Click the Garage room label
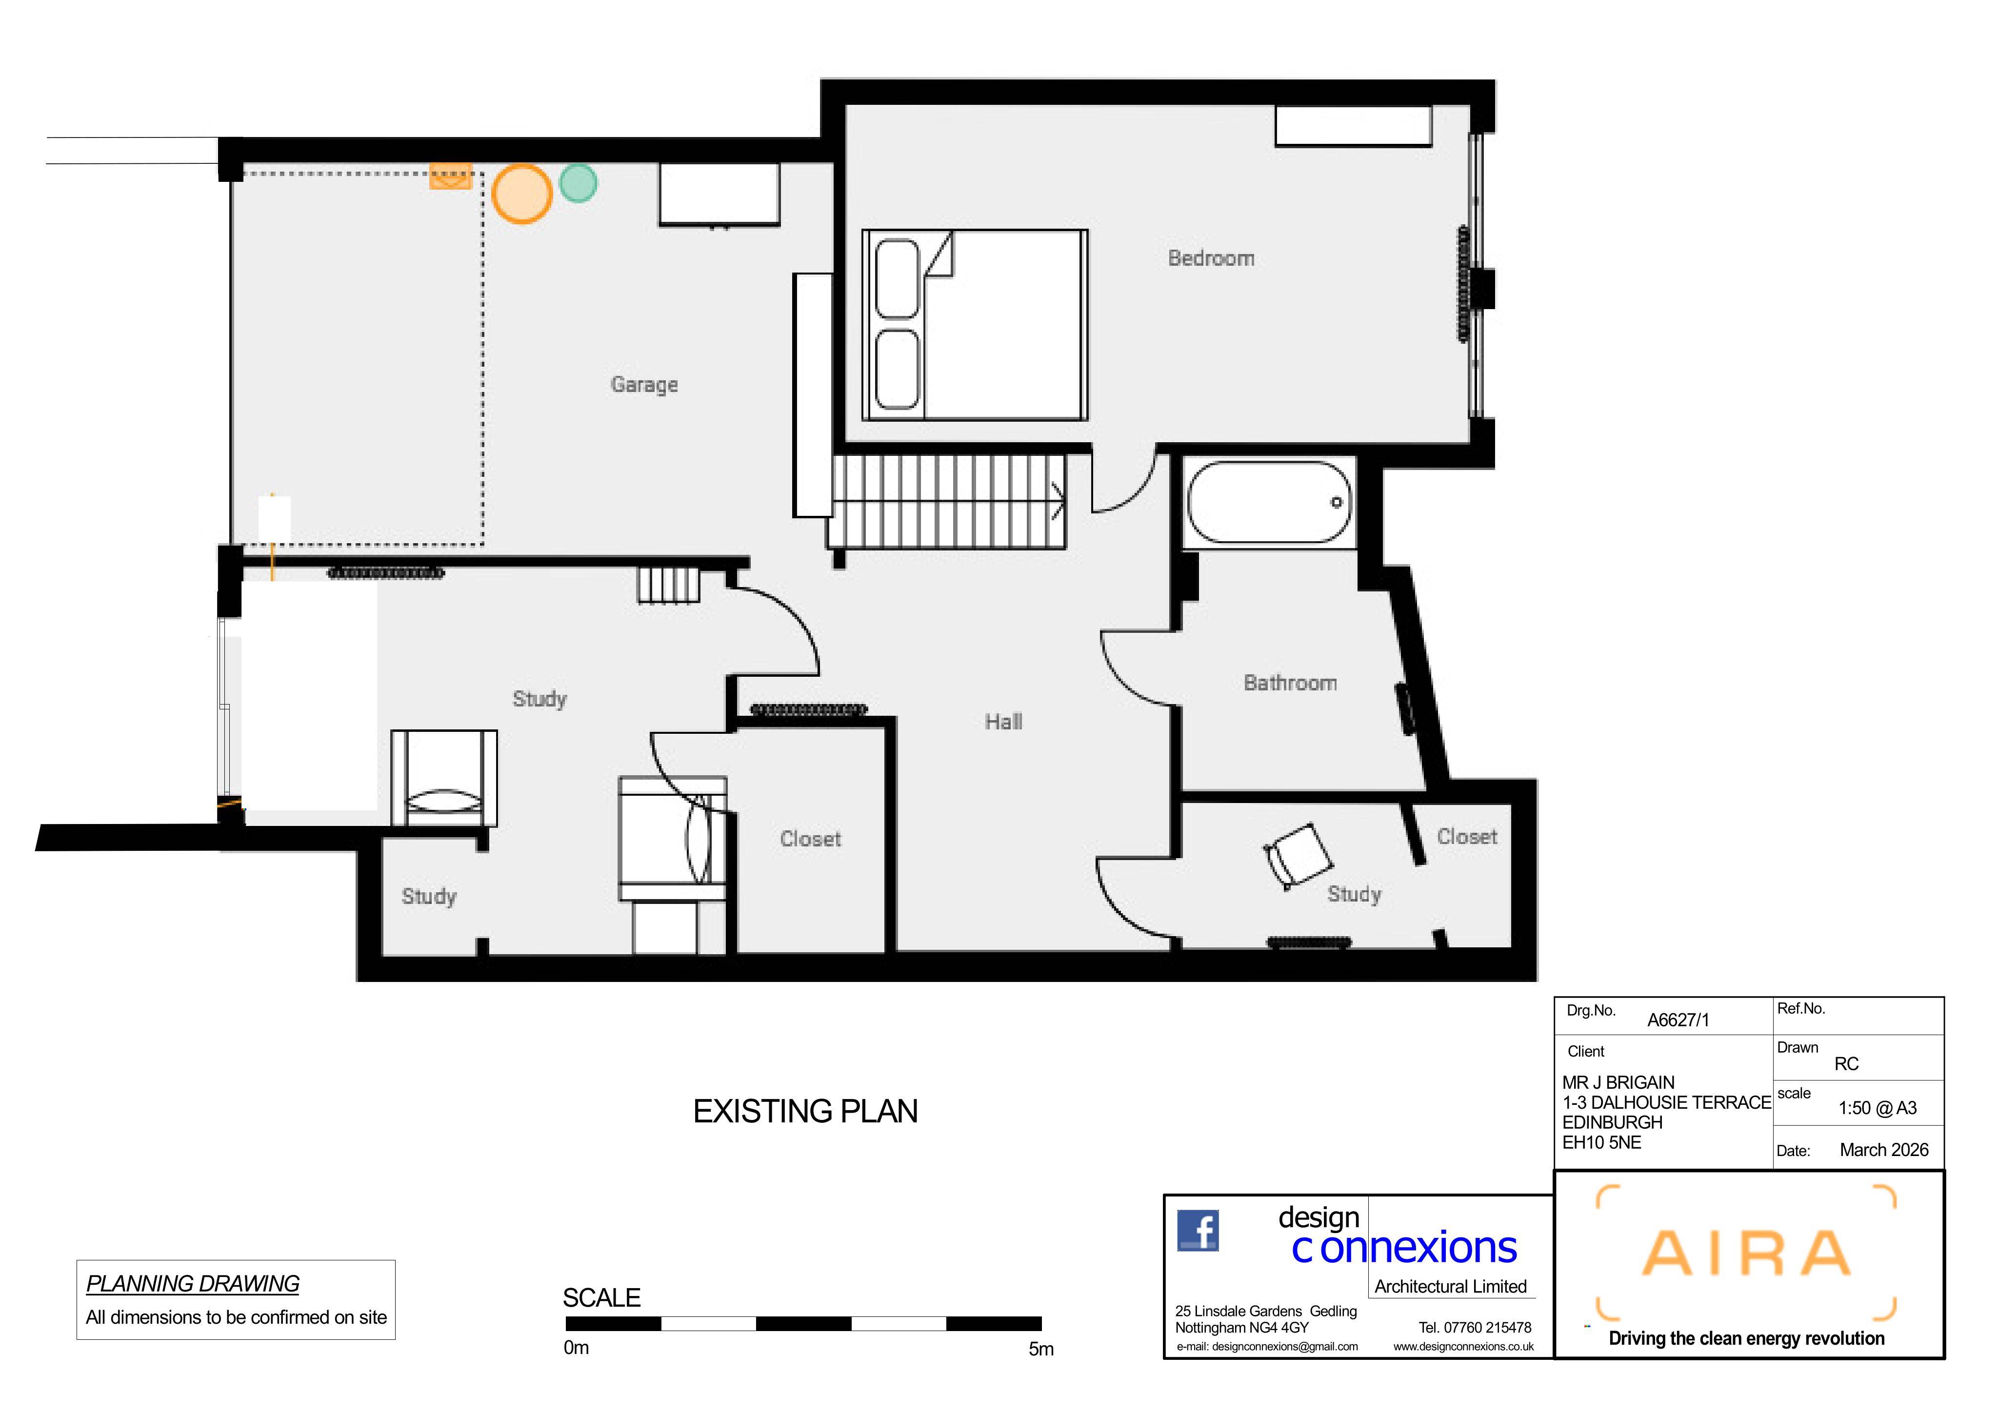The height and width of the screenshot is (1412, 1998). [644, 385]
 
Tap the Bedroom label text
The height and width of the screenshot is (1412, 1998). [1211, 258]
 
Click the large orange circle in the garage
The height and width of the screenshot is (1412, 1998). [521, 194]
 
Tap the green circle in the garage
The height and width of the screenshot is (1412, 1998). [578, 183]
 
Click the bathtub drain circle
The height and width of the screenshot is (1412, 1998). [1337, 502]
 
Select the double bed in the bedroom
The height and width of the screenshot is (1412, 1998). [975, 325]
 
